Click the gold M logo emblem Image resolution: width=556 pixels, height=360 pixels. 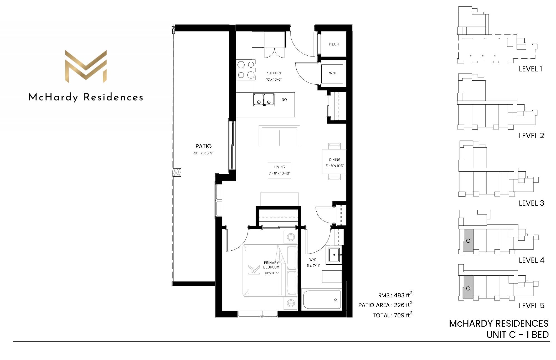(86, 66)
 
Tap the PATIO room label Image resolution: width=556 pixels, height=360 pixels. (203, 146)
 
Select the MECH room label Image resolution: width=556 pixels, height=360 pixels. (334, 44)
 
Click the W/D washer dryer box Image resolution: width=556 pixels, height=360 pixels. (332, 73)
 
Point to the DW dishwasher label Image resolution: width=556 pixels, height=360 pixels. (284, 100)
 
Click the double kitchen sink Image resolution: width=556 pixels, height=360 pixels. (264, 99)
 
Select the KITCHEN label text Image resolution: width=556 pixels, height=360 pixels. (274, 73)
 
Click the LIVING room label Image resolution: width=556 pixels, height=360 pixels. (280, 167)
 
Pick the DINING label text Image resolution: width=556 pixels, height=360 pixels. (335, 160)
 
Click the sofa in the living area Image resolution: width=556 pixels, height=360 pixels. (279, 136)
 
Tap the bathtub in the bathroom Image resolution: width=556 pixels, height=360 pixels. (322, 300)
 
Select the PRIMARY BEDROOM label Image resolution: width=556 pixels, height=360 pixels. (271, 265)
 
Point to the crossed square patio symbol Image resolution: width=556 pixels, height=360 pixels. (177, 172)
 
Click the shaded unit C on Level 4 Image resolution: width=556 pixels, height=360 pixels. (468, 241)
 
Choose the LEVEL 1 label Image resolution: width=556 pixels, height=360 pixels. (530, 69)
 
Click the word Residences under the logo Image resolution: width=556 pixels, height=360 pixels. (113, 97)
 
